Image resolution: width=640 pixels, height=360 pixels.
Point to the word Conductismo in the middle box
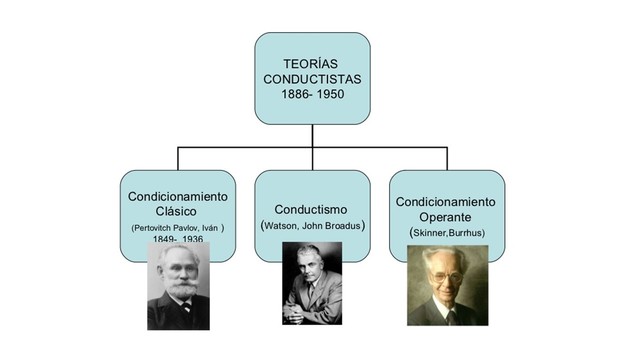click(312, 209)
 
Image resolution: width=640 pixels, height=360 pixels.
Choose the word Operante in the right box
click(447, 216)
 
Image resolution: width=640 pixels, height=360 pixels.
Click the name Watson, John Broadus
click(312, 226)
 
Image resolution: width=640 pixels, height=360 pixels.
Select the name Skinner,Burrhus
click(447, 232)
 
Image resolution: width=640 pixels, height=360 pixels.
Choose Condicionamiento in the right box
click(447, 200)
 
